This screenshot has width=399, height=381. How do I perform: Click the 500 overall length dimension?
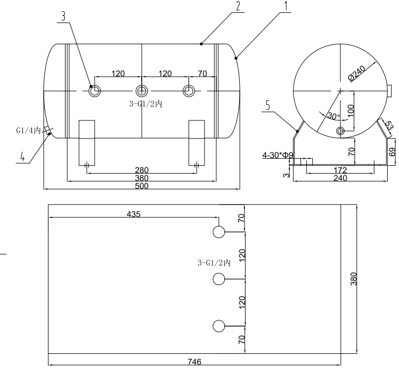tap(142, 186)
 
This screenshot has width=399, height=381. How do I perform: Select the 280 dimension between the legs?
tap(142, 170)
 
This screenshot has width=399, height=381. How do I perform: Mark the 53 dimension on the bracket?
tap(389, 126)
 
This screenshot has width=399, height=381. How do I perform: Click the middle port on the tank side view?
tap(141, 91)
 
